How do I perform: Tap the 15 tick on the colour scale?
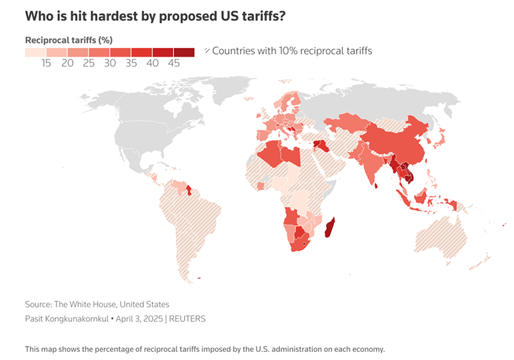[46, 63]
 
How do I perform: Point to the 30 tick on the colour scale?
[110, 63]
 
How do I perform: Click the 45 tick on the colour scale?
[174, 63]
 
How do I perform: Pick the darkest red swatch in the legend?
[185, 52]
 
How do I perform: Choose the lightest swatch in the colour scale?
[35, 52]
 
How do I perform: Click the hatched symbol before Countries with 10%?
[207, 51]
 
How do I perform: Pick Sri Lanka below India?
[377, 185]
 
